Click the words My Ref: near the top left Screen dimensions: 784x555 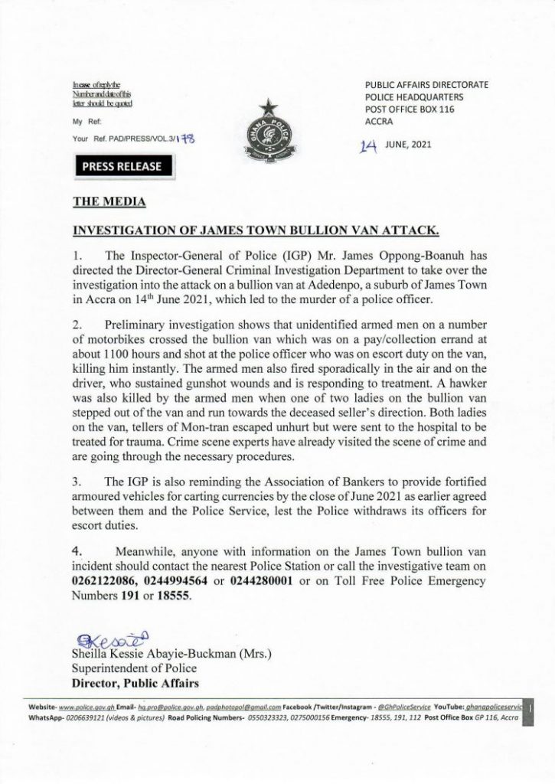coord(86,122)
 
